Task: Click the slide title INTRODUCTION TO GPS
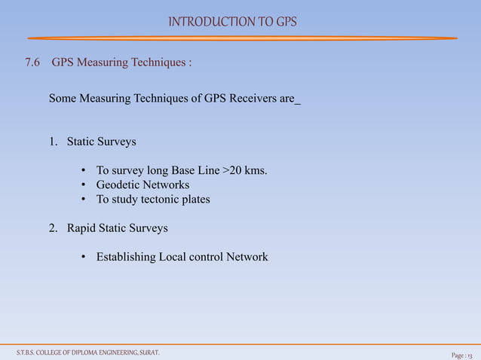click(x=232, y=21)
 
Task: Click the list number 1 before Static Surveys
click(x=54, y=142)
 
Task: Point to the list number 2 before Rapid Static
click(x=54, y=228)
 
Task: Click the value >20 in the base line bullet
click(x=233, y=170)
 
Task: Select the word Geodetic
click(x=118, y=185)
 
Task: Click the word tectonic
click(x=164, y=200)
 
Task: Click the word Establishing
click(x=126, y=258)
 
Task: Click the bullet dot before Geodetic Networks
click(x=84, y=185)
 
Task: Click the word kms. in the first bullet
click(x=256, y=170)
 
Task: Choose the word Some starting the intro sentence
click(x=63, y=99)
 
